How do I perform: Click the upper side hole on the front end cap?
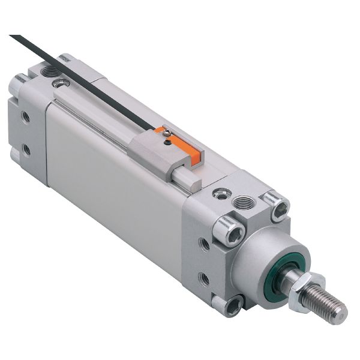click(205, 244)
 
